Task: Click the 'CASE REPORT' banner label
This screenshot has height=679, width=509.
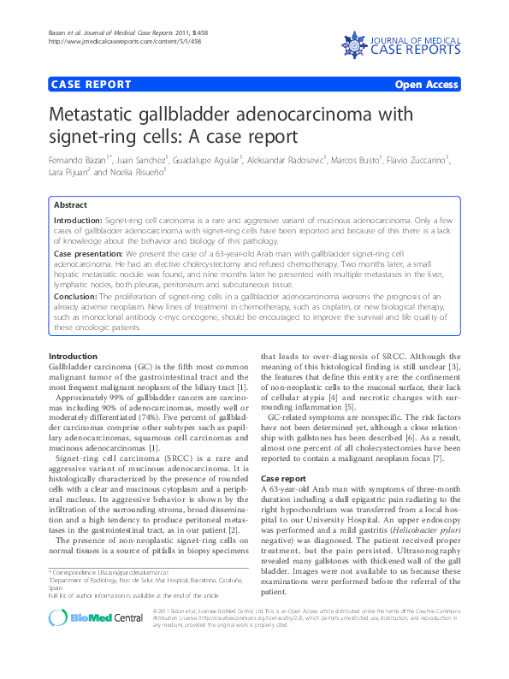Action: [92, 85]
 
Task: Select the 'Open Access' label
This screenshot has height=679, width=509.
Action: [427, 85]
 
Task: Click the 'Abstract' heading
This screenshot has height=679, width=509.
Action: [70, 205]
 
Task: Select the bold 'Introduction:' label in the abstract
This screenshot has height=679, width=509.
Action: [78, 221]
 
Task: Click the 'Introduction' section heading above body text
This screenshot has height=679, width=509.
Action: [73, 356]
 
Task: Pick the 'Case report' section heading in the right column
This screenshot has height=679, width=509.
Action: [283, 478]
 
